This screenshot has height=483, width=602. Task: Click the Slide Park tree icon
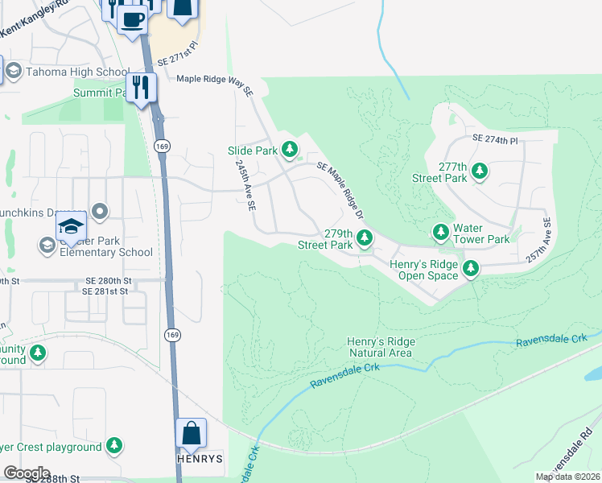(x=291, y=150)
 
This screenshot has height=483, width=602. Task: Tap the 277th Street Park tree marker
(x=480, y=171)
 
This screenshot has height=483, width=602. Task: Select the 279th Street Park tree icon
(x=365, y=237)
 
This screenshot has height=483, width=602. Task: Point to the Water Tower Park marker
(x=441, y=233)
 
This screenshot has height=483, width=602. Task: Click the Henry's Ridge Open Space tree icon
(x=470, y=269)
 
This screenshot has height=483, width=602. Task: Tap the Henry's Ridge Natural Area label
(x=381, y=347)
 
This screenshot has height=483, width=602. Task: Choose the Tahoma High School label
(x=67, y=72)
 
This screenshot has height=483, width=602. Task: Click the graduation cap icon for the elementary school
(x=72, y=228)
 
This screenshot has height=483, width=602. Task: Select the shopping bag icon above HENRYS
(x=192, y=434)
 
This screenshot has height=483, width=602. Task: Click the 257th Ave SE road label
(x=538, y=238)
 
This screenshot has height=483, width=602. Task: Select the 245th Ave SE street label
(x=245, y=184)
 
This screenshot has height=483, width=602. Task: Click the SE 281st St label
(x=105, y=291)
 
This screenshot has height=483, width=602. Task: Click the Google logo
(x=26, y=473)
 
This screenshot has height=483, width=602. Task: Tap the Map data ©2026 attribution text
(x=568, y=477)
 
